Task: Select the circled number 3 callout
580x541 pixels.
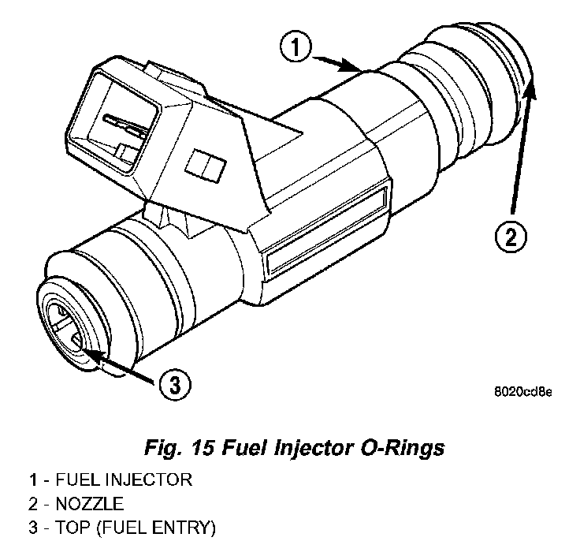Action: point(175,385)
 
